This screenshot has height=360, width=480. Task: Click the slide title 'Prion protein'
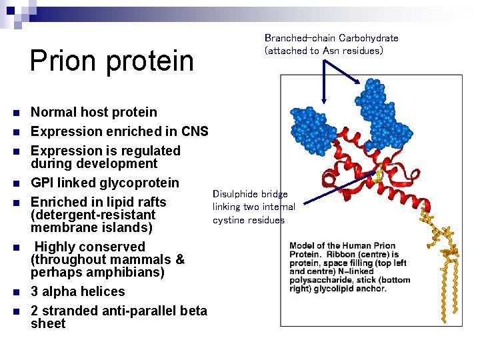pyautogui.click(x=111, y=60)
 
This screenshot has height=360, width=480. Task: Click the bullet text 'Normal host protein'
pyautogui.click(x=94, y=112)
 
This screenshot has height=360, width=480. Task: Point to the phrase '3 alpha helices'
pyautogui.click(x=78, y=291)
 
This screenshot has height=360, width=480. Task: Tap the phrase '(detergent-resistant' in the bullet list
pyautogui.click(x=93, y=215)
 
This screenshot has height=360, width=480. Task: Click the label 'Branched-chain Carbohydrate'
pyautogui.click(x=331, y=38)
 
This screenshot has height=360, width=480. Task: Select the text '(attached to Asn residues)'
pyautogui.click(x=323, y=51)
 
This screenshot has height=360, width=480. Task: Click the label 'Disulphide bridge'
pyautogui.click(x=250, y=194)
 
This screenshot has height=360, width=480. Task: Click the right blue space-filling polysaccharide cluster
pyautogui.click(x=385, y=112)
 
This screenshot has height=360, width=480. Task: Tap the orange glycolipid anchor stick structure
pyautogui.click(x=440, y=253)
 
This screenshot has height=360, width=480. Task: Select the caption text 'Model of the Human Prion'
pyautogui.click(x=342, y=246)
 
